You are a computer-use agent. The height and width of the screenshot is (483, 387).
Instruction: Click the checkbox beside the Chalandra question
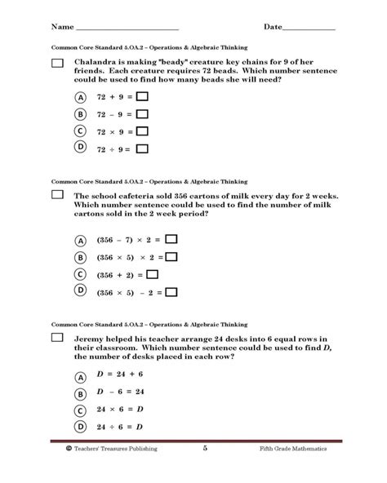point(57,64)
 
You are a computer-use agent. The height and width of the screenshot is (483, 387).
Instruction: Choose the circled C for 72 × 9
point(81,131)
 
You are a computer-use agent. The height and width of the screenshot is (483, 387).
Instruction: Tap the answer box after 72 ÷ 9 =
point(142,148)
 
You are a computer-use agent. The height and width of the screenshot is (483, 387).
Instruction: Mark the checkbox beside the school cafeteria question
point(57,196)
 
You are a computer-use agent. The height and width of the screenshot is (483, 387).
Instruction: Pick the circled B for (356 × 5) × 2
point(81,257)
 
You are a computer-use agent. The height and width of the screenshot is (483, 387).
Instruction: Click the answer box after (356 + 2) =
point(152,275)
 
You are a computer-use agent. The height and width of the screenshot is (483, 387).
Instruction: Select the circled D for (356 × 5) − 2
point(81,292)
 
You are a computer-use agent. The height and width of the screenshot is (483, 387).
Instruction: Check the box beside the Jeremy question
point(57,338)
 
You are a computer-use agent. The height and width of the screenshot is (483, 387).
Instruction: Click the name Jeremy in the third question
point(90,339)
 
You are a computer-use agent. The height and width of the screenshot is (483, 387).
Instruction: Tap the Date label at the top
point(274,27)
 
